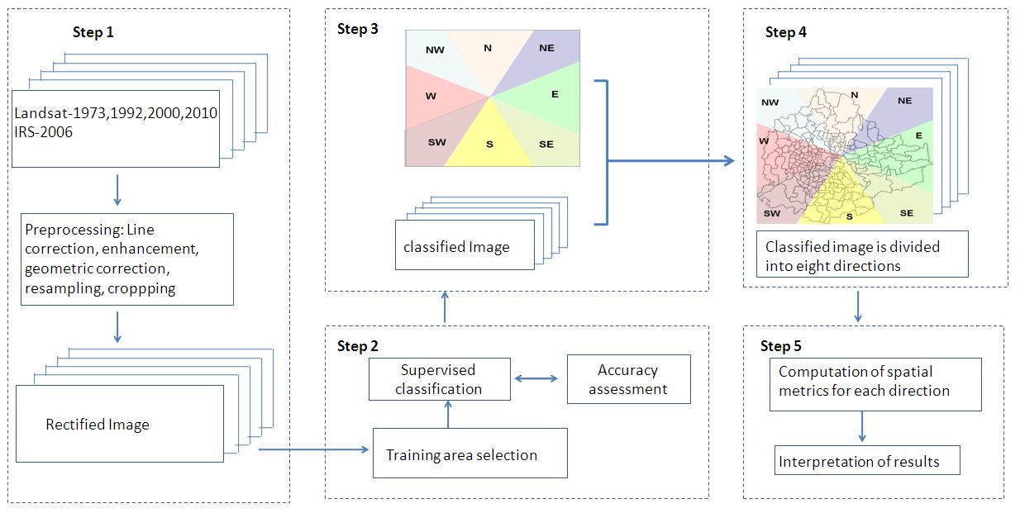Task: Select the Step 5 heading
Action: [780, 346]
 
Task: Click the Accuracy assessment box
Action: [628, 379]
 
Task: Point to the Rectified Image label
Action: [98, 425]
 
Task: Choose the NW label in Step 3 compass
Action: [435, 50]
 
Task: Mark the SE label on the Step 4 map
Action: [906, 213]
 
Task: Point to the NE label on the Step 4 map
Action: [904, 101]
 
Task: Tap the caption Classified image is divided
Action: [851, 246]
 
